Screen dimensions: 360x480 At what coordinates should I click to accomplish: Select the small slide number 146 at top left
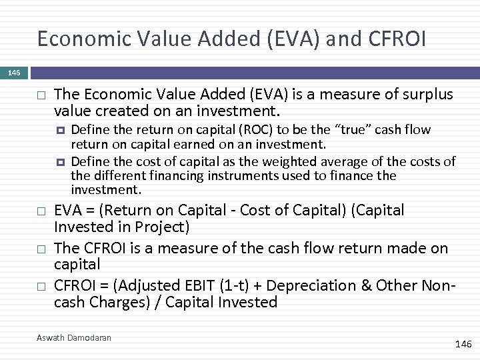click(15, 72)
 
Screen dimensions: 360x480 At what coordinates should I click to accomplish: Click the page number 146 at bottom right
click(463, 344)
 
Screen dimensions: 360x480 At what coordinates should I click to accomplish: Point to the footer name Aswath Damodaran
click(74, 338)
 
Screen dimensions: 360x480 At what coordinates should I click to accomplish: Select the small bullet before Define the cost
click(61, 162)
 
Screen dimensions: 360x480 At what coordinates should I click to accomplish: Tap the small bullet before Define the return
click(61, 130)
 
